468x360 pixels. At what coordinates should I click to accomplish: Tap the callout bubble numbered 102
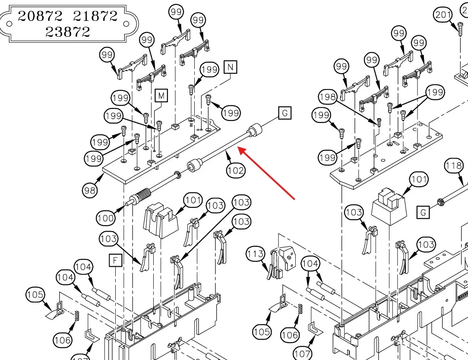(235, 170)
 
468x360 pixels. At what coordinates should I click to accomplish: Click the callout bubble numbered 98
(90, 190)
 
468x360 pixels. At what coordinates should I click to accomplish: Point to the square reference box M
(161, 96)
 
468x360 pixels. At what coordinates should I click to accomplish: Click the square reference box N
(231, 67)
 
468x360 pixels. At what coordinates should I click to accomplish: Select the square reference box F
(115, 261)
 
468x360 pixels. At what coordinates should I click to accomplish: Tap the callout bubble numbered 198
(328, 97)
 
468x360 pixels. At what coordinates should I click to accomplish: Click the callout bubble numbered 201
(443, 15)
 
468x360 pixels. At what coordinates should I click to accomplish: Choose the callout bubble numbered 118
(454, 165)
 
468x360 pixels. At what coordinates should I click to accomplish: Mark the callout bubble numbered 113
(255, 254)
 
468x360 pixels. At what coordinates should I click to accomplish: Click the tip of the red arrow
(239, 148)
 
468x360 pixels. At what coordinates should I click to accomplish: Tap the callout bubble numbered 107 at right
(302, 353)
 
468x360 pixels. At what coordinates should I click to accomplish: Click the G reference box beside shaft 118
(423, 212)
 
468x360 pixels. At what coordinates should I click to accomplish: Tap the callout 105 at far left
(35, 295)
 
